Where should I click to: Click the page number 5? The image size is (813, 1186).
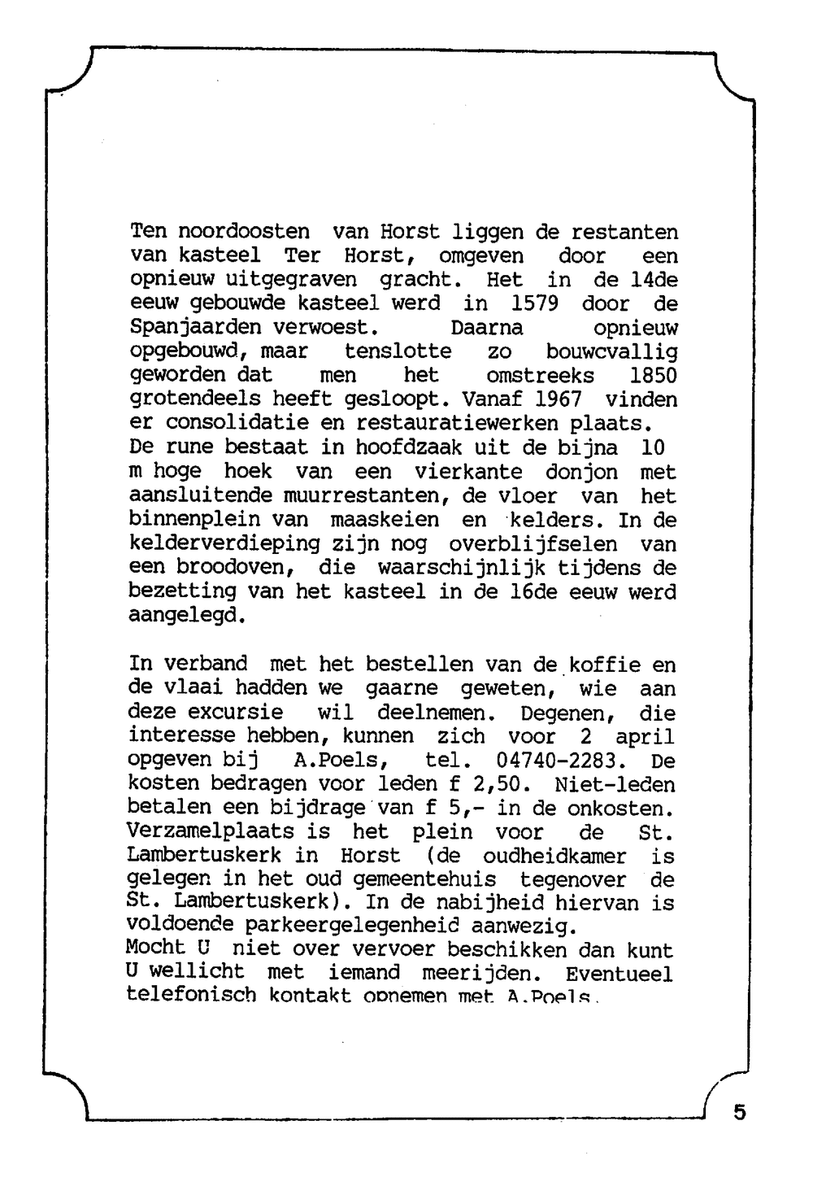point(739,1112)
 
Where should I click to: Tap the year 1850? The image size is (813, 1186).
point(653,376)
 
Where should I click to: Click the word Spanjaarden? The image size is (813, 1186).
point(195,329)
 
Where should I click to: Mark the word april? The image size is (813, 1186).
point(645,737)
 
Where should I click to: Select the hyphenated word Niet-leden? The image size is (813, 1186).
point(615,785)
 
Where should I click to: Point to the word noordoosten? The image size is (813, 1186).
point(244,233)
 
